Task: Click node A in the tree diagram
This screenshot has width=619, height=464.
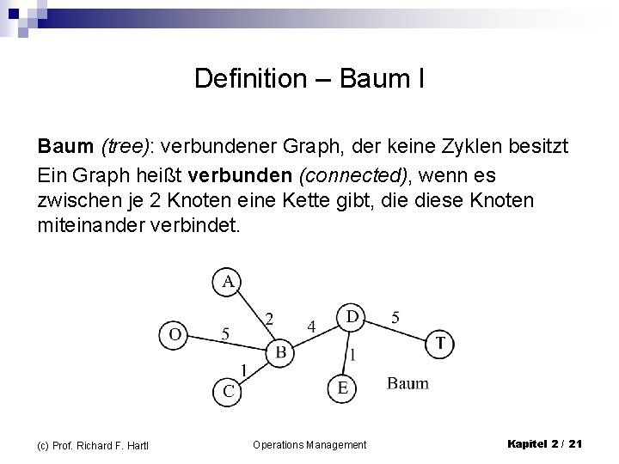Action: (228, 282)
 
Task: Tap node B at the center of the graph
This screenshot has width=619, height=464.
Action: (280, 351)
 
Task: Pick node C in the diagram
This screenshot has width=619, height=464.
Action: (228, 391)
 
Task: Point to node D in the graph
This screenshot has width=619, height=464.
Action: (352, 316)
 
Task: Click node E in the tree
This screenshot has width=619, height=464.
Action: (342, 388)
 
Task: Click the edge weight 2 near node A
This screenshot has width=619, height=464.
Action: (269, 318)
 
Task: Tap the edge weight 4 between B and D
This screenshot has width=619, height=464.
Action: (312, 326)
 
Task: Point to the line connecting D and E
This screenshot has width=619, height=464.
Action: (346, 352)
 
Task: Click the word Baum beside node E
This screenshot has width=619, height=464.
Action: (408, 383)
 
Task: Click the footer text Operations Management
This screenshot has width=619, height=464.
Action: (309, 444)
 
